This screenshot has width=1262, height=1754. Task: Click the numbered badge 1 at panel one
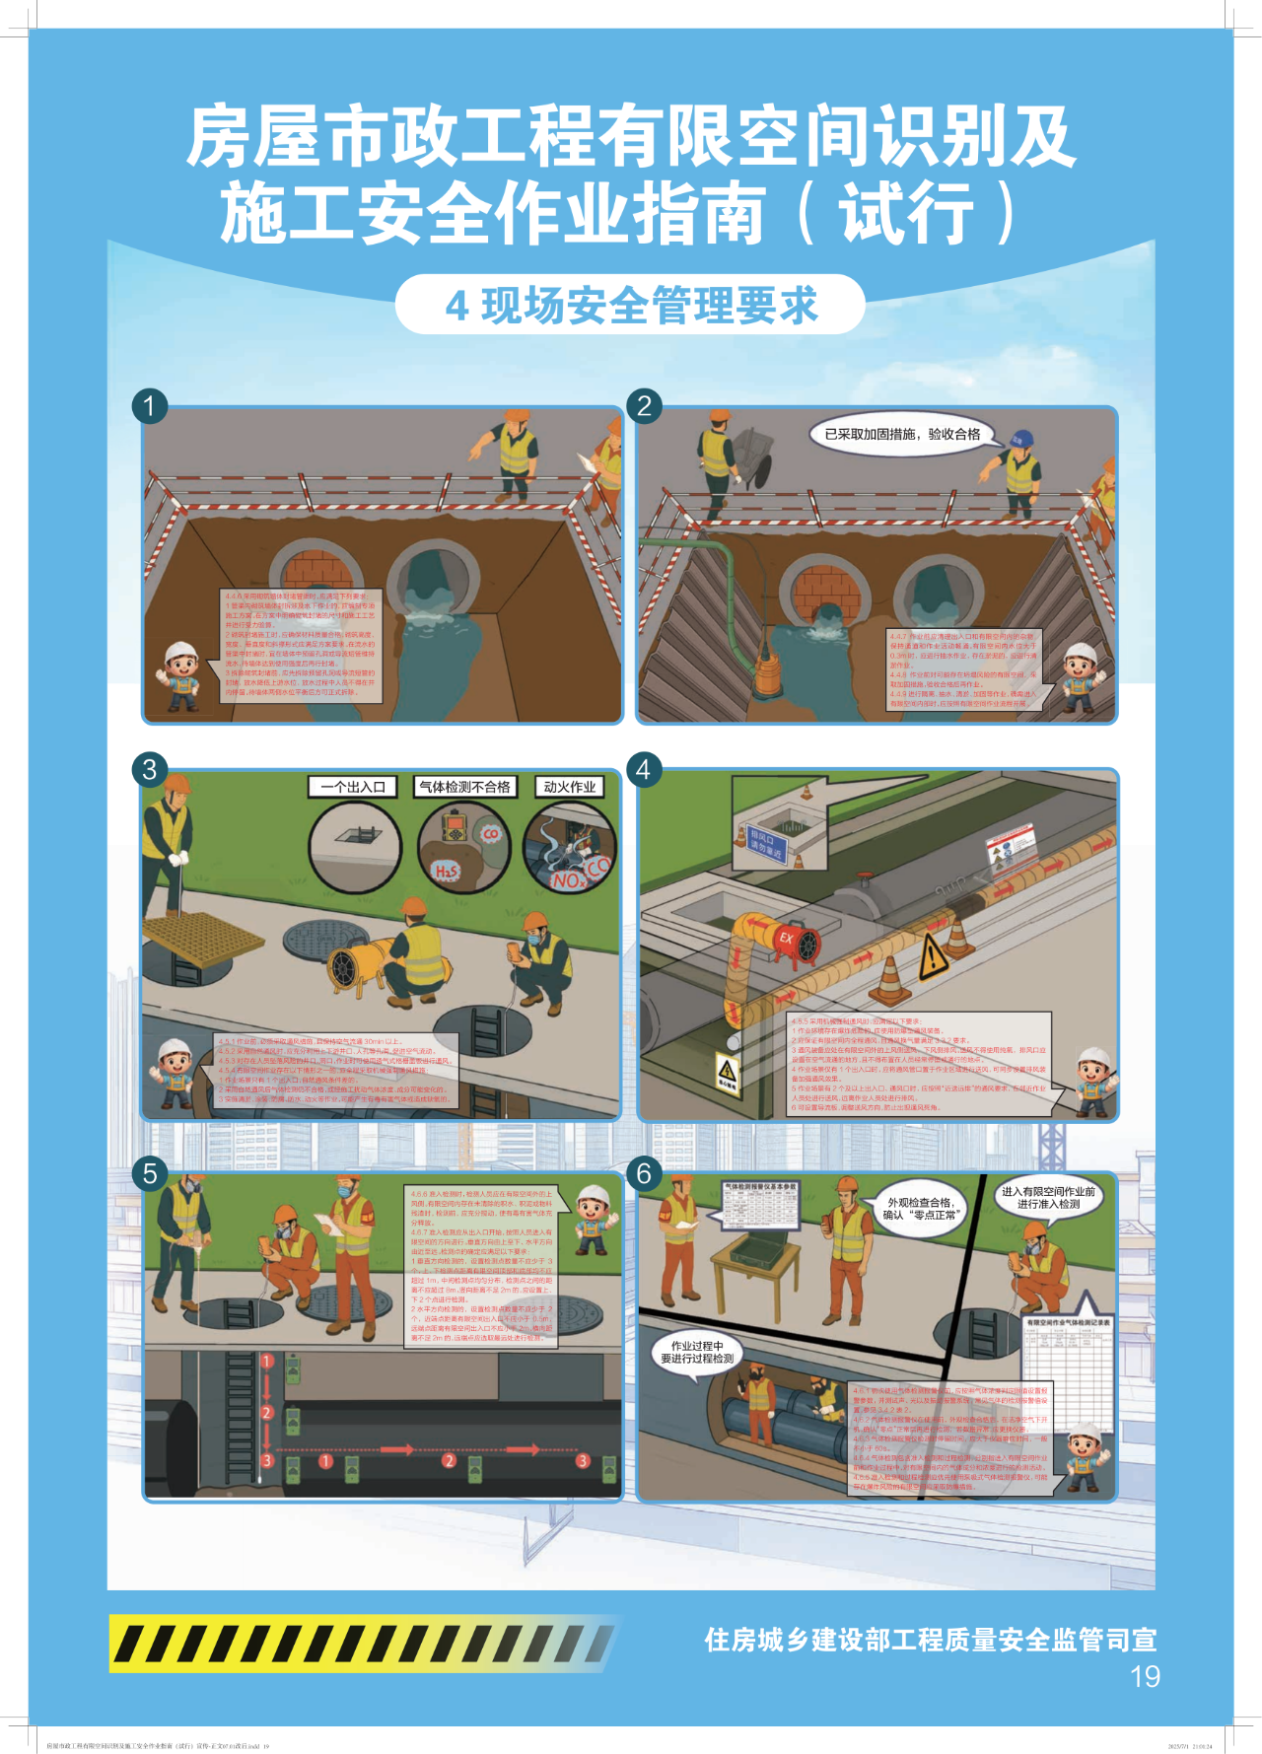(x=150, y=405)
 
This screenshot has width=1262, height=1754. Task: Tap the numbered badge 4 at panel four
(x=644, y=769)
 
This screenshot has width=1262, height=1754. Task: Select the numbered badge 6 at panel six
(x=644, y=1173)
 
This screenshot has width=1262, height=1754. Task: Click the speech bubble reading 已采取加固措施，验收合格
(x=902, y=434)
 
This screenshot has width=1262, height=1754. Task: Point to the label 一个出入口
(x=353, y=787)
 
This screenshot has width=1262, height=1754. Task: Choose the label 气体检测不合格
(x=464, y=787)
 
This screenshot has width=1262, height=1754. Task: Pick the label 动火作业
(x=569, y=787)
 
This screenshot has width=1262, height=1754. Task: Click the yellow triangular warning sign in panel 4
(x=932, y=957)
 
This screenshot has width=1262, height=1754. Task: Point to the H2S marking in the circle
(x=447, y=872)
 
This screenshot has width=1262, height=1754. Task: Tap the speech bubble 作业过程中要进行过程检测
(x=697, y=1352)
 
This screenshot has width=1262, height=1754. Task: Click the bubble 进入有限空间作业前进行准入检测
(x=1048, y=1198)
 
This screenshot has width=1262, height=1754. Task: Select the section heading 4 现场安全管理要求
(x=631, y=306)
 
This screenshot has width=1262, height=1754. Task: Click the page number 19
(x=1145, y=1676)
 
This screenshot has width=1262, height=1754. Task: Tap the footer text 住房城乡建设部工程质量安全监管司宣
(x=930, y=1640)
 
